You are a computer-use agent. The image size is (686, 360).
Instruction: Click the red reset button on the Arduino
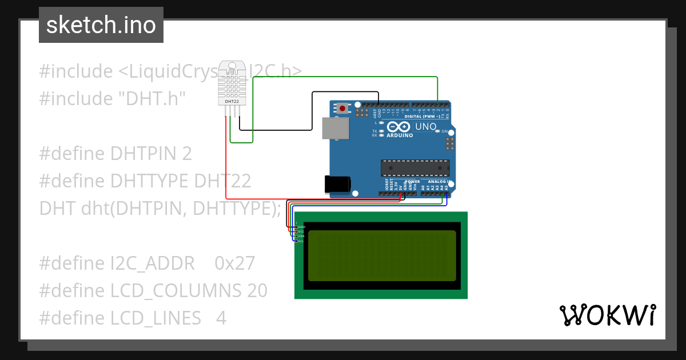pyautogui.click(x=342, y=108)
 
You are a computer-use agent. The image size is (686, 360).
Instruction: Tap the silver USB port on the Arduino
pyautogui.click(x=336, y=129)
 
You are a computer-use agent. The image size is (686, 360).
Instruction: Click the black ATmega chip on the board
pyautogui.click(x=415, y=168)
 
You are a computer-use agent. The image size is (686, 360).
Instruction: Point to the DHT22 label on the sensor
pyautogui.click(x=232, y=102)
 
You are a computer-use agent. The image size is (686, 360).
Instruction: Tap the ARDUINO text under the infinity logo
pyautogui.click(x=400, y=135)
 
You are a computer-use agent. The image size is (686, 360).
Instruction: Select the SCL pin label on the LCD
pyautogui.click(x=301, y=241)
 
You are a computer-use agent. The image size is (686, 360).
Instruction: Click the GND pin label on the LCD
pyautogui.click(x=301, y=227)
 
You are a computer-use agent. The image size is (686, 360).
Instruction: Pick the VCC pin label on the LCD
pyautogui.click(x=301, y=231)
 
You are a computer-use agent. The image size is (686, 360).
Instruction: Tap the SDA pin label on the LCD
pyautogui.click(x=301, y=236)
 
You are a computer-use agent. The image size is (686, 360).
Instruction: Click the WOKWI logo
pyautogui.click(x=607, y=315)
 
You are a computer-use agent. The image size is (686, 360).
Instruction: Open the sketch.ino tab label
pyautogui.click(x=101, y=25)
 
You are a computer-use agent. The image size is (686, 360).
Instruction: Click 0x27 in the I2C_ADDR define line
pyautogui.click(x=235, y=263)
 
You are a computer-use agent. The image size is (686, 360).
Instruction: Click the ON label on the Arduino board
pyautogui.click(x=445, y=131)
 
